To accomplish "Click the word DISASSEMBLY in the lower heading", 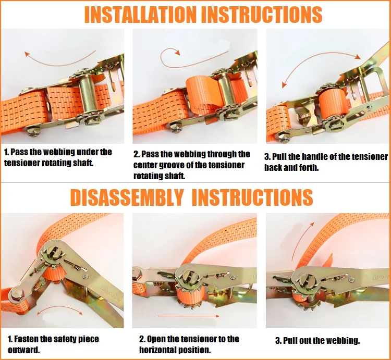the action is click(127, 197).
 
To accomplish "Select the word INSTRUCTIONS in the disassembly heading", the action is click(252, 197).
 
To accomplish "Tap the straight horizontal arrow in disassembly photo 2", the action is click(188, 316).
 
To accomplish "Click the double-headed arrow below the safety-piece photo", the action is click(60, 308).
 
